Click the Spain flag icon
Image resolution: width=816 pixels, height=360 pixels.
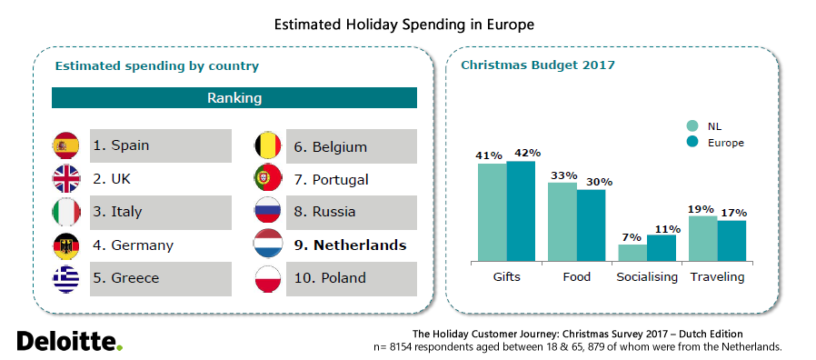(x=67, y=145)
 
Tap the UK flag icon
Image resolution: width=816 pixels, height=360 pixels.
(x=67, y=179)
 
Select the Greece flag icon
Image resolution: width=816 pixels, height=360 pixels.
(x=67, y=278)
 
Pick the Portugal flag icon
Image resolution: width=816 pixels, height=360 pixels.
(x=268, y=179)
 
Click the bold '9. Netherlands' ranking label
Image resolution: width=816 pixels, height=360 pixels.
(x=350, y=245)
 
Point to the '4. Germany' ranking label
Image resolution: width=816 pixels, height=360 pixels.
(x=133, y=245)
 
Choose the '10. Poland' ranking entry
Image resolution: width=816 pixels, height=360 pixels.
(x=330, y=278)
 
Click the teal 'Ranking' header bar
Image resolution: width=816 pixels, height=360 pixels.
(x=234, y=97)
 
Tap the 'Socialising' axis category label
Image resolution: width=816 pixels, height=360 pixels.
(x=646, y=277)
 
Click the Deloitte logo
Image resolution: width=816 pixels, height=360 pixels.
(x=69, y=341)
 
